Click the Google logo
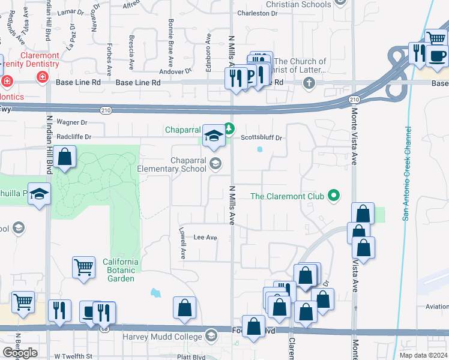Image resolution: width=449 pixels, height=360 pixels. pos(20,353)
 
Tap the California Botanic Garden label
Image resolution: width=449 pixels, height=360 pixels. pos(121,270)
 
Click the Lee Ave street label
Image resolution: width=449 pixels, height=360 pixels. pos(205,238)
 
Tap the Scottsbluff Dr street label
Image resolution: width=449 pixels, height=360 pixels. pos(261,137)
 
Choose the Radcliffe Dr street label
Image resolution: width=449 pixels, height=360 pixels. pos(73,137)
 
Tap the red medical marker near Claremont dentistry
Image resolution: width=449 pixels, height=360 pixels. pos(43,77)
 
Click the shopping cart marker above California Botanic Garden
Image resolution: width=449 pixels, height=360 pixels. pos(83,267)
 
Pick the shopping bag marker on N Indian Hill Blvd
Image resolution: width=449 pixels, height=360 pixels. pos(65,157)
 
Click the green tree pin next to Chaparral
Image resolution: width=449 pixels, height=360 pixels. pos(229,128)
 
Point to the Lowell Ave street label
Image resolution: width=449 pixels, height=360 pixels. pos(182,243)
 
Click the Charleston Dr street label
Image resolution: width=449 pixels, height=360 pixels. pos(258,13)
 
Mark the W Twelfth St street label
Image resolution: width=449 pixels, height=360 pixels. pos(73,356)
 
